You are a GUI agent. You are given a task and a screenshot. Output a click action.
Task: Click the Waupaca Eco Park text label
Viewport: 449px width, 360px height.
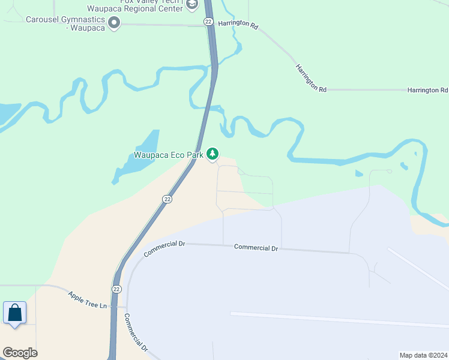pos(169,155)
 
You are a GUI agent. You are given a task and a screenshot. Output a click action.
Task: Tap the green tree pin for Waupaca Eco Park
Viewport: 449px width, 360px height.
pos(212,154)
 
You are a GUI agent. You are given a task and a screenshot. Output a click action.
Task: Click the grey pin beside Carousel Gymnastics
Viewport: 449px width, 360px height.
pos(115,23)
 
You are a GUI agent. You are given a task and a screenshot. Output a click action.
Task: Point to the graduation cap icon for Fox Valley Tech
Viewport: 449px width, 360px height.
pos(191,5)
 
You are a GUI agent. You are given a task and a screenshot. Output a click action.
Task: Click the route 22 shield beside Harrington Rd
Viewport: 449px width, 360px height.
pos(208,22)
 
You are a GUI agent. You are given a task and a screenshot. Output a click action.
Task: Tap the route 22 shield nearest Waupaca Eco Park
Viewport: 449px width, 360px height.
pos(167,199)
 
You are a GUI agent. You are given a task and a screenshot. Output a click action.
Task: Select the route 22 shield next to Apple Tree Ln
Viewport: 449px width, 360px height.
pos(116,289)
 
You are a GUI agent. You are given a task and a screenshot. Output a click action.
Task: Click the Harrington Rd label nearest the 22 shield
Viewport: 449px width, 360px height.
pos(238,26)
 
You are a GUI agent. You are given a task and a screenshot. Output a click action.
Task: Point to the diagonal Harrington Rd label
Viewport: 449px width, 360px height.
pos(310,77)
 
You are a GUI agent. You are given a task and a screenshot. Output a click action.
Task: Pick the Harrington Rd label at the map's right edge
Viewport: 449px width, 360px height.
pos(427,90)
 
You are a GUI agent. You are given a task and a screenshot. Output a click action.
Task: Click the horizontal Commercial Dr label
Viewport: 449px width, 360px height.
pos(256,247)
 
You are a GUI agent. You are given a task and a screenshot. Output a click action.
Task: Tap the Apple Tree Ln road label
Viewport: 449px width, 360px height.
pos(87,299)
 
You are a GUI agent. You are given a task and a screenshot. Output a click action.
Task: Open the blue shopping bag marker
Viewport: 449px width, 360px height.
pos(14,313)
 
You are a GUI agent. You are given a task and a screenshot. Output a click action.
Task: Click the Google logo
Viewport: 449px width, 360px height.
pos(20,353)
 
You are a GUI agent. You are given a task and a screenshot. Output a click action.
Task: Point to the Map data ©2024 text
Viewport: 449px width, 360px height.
pos(423,355)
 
